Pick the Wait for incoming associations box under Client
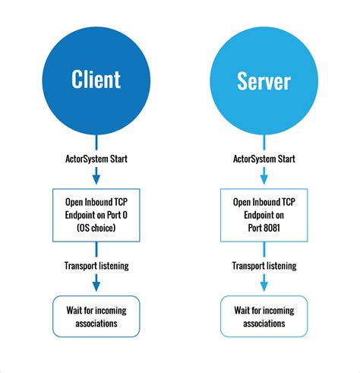(x=96, y=317)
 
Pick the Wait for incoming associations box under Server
(x=264, y=317)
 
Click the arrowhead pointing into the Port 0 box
(x=96, y=179)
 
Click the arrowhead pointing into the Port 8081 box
(x=264, y=179)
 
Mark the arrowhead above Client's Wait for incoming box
(x=96, y=286)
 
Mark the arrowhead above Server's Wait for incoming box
(x=264, y=286)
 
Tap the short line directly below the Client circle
(x=96, y=142)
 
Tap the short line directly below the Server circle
(x=264, y=142)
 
